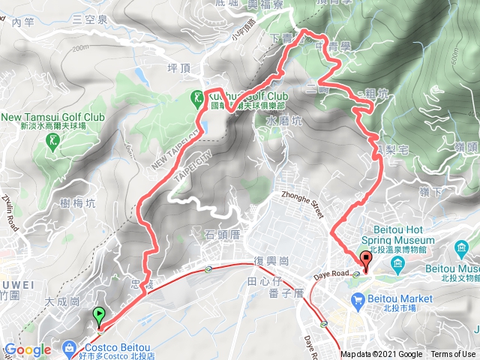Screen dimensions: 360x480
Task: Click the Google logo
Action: click(x=28, y=349)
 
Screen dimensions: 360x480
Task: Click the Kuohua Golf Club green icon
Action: click(x=196, y=97)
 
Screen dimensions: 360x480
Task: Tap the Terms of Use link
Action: click(x=453, y=355)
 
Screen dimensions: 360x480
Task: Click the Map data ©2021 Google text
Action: click(x=381, y=355)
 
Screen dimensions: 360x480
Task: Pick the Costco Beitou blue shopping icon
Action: click(x=69, y=347)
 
